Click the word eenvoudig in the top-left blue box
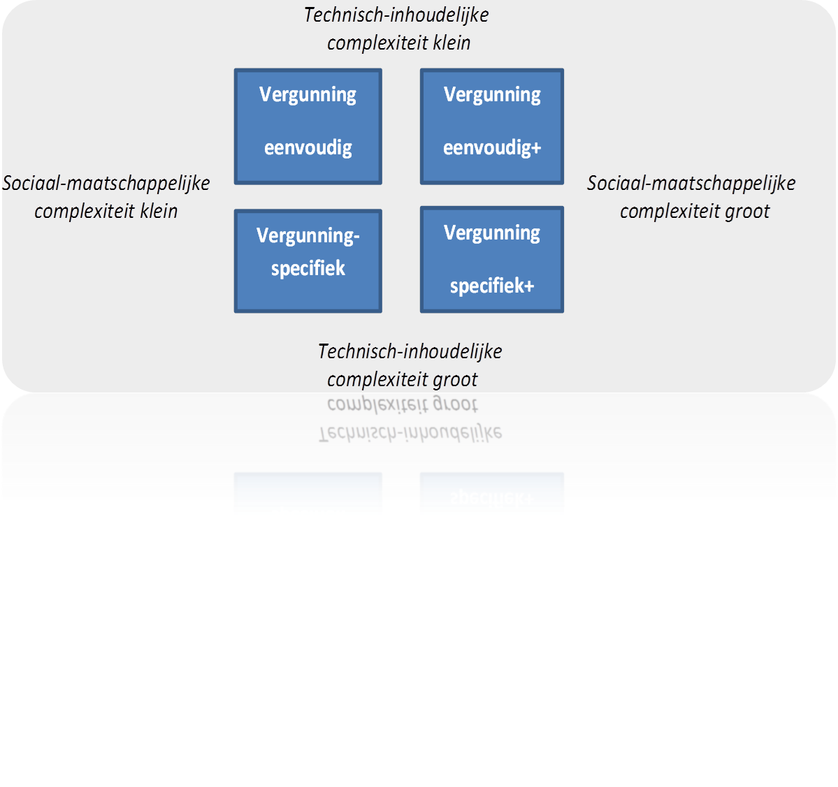click(x=308, y=148)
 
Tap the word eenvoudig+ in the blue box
click(x=492, y=148)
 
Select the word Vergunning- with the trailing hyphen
click(x=308, y=235)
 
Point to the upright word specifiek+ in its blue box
click(x=492, y=286)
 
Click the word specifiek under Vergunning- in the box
click(x=308, y=268)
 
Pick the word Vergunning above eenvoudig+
click(x=492, y=94)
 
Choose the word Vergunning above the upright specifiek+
click(x=492, y=233)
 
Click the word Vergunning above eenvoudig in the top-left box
click(x=308, y=94)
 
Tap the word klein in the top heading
click(x=451, y=43)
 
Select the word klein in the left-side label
click(x=159, y=211)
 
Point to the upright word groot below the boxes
click(x=455, y=379)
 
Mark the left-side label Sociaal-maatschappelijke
click(x=106, y=183)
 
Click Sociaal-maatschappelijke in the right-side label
click(x=691, y=183)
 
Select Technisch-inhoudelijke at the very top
click(x=396, y=15)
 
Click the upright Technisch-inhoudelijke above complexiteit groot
click(x=410, y=351)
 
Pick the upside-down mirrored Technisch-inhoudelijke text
click(x=410, y=433)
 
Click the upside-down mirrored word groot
click(x=455, y=404)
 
